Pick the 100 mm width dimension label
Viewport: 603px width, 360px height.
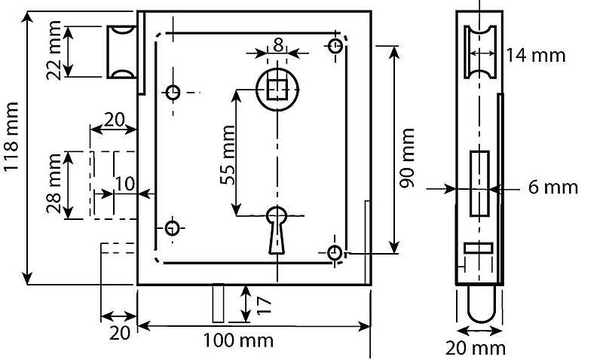click(238, 340)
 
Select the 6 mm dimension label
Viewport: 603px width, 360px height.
click(542, 187)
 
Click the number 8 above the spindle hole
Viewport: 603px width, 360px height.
click(278, 44)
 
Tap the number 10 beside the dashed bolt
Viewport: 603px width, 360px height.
click(125, 183)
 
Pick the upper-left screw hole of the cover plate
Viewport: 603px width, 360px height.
click(173, 93)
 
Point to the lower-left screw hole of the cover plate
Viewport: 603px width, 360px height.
click(173, 227)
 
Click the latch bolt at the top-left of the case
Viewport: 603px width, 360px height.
click(121, 51)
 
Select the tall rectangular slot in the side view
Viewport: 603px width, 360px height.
click(479, 182)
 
